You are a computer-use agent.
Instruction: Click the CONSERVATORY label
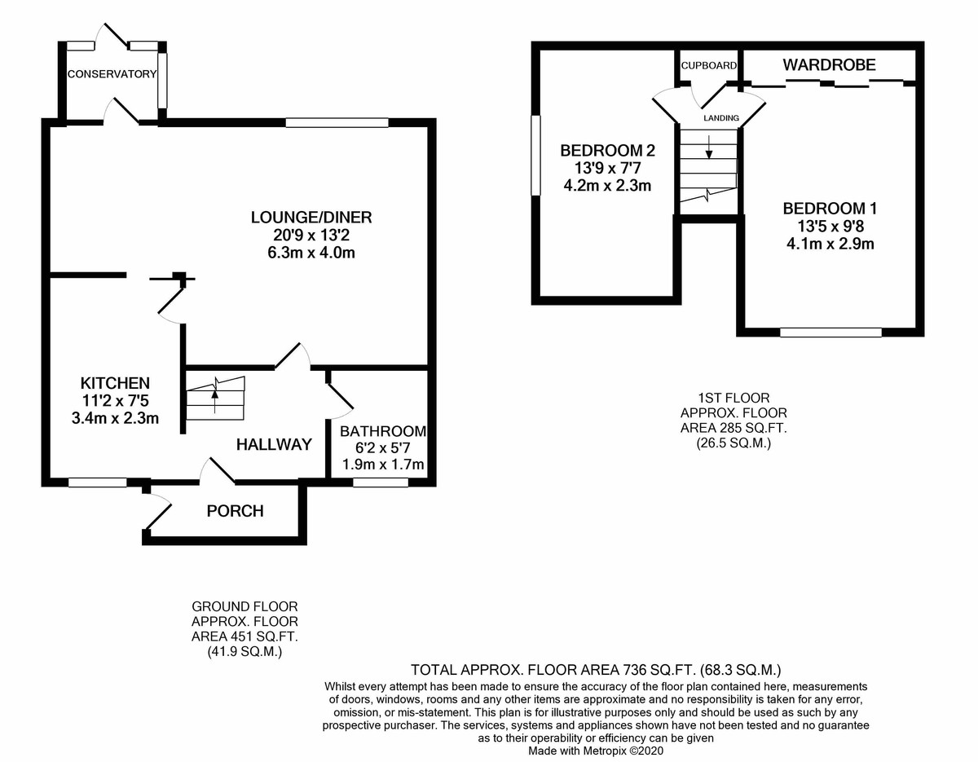point(112,74)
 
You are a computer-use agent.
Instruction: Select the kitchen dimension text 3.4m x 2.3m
point(114,419)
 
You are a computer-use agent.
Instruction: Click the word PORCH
point(235,512)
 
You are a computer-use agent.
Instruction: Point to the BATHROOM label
point(383,431)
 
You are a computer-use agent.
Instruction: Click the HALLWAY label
point(274,444)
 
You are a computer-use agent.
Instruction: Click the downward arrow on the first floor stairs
point(709,146)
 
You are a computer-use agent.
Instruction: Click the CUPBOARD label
point(709,65)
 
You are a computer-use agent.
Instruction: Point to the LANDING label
point(722,118)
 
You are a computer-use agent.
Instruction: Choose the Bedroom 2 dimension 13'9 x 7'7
point(607,168)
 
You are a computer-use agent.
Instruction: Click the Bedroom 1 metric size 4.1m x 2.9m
point(831,243)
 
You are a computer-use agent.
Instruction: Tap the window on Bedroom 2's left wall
point(535,155)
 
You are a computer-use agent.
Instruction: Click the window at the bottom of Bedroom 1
point(831,332)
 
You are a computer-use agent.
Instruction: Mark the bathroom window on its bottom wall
point(381,482)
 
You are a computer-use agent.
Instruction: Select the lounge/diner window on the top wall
point(337,123)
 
